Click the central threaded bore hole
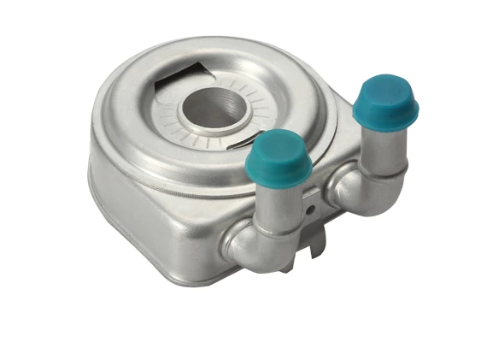(x=215, y=107)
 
